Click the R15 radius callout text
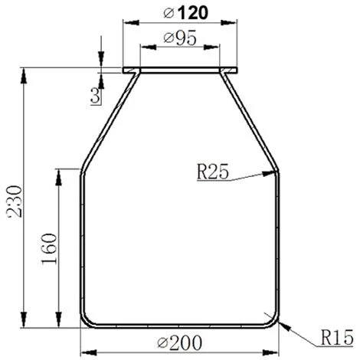point(335,337)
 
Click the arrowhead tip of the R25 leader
point(273,175)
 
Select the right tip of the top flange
point(237,72)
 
